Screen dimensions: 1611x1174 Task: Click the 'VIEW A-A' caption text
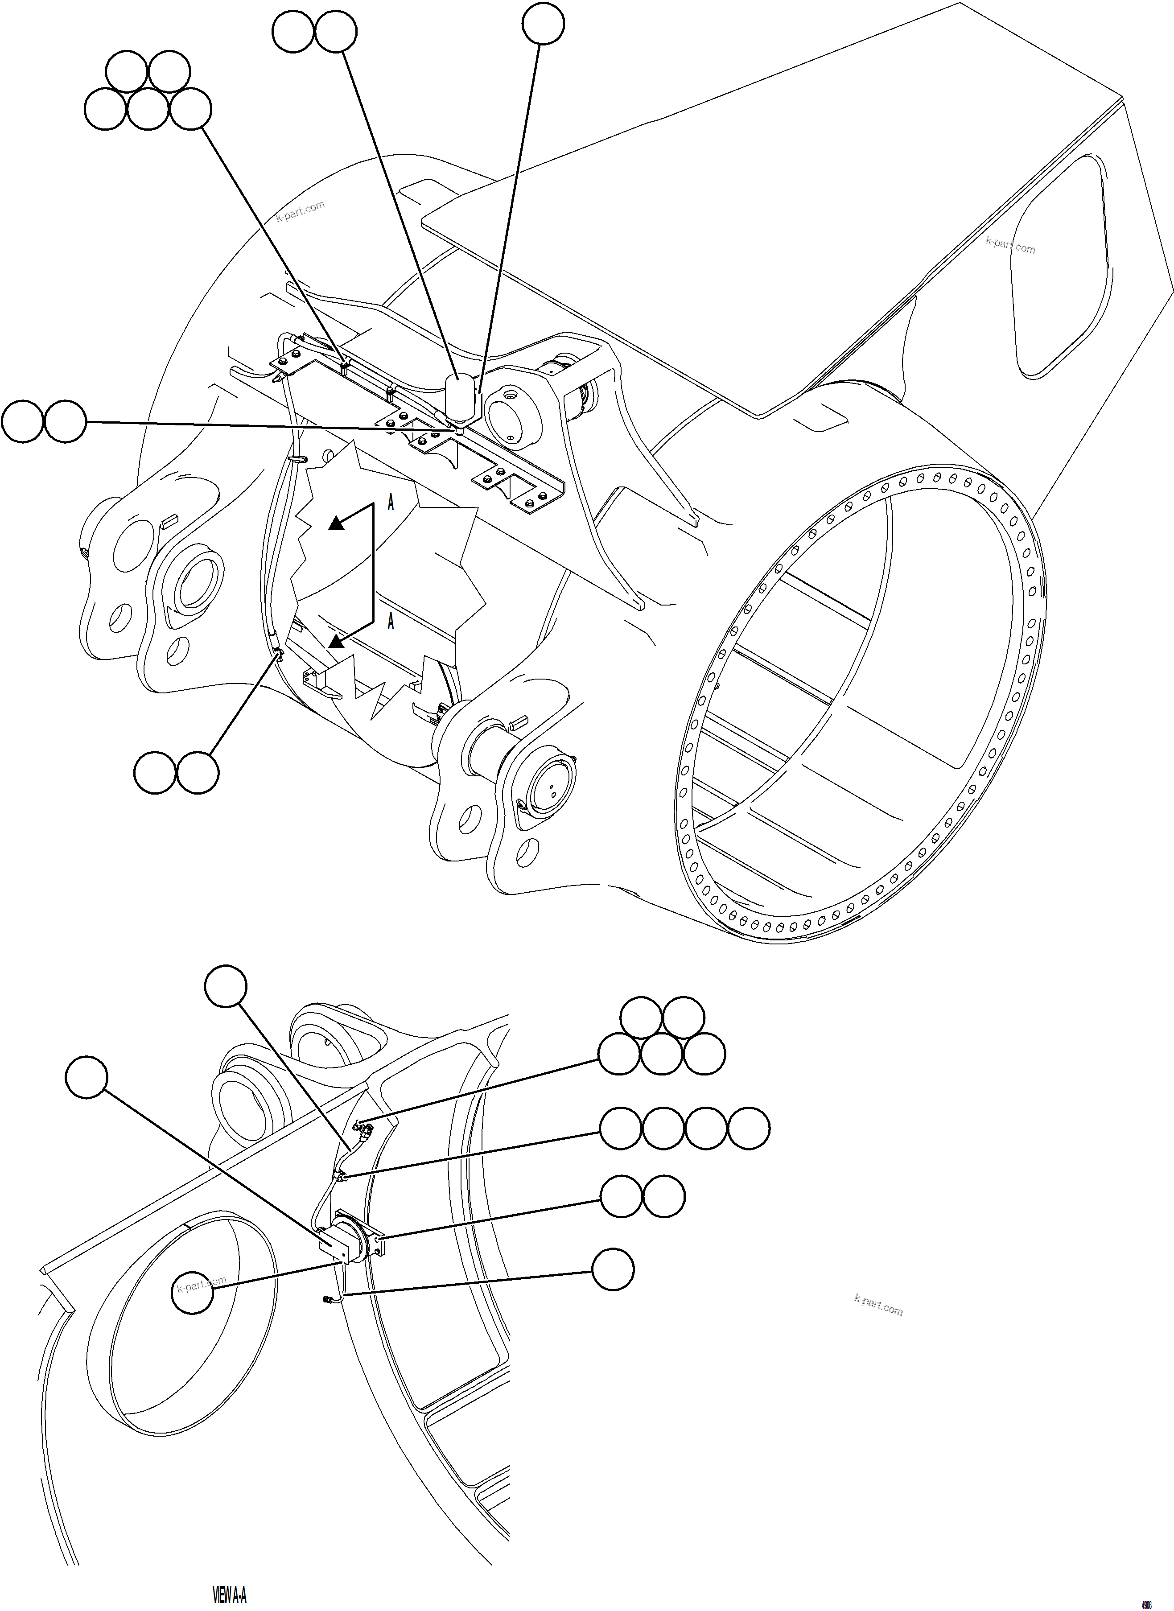click(x=230, y=1594)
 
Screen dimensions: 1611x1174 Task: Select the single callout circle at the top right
click(x=543, y=24)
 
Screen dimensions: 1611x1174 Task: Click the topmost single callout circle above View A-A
click(x=225, y=986)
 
